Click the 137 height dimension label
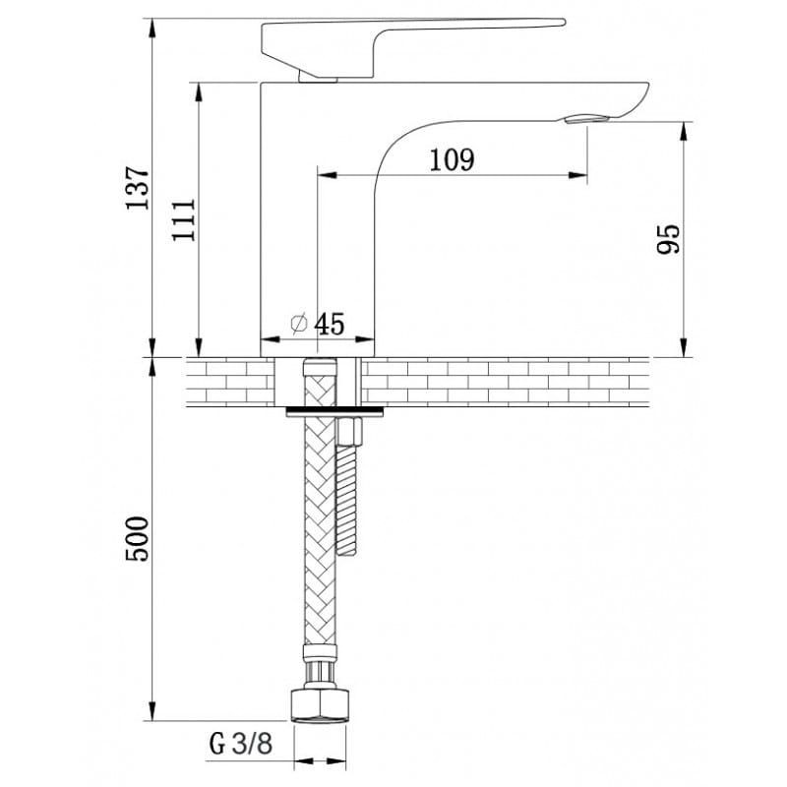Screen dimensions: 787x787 click(x=138, y=187)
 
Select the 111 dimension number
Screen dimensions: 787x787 click(x=184, y=219)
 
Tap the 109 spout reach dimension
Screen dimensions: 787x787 click(x=452, y=160)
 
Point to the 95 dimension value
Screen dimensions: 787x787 click(x=669, y=239)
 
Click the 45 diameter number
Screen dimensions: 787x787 click(x=330, y=324)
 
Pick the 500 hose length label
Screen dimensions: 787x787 click(x=138, y=539)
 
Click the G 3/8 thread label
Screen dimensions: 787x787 click(x=241, y=743)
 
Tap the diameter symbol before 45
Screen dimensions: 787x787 click(x=299, y=324)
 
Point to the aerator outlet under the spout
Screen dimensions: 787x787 click(x=586, y=119)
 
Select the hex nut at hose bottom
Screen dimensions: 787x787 click(x=320, y=706)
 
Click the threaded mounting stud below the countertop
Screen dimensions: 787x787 click(x=347, y=501)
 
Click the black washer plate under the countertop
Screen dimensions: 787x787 click(x=334, y=412)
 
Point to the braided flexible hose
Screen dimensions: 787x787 click(x=320, y=502)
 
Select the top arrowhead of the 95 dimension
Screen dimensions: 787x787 click(x=683, y=132)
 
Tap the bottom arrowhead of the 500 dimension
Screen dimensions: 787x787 click(x=153, y=711)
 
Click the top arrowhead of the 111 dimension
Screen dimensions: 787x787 click(x=199, y=92)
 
